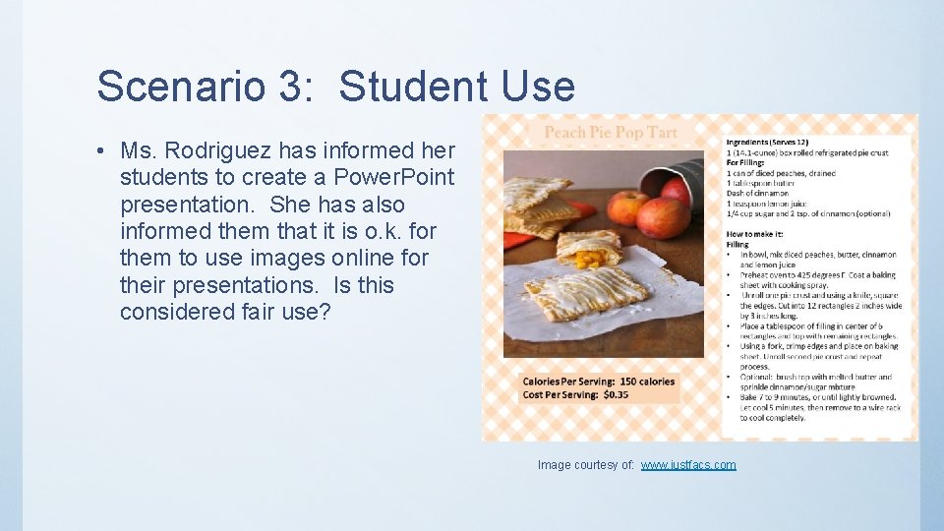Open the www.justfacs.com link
(x=688, y=465)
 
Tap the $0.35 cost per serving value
(x=616, y=394)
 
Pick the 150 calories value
(x=647, y=382)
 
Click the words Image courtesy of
(x=586, y=465)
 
